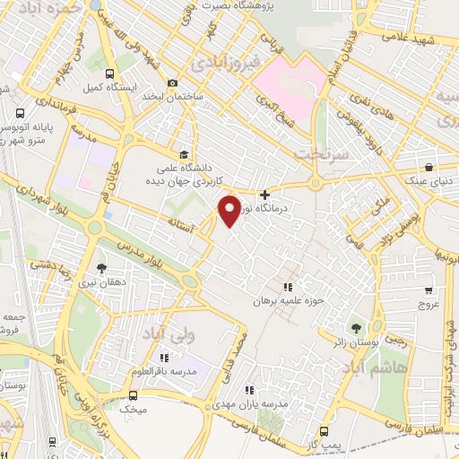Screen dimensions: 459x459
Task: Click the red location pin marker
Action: (x=229, y=210)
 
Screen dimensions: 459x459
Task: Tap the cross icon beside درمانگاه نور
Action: (x=264, y=195)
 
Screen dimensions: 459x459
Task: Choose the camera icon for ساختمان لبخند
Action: (x=171, y=83)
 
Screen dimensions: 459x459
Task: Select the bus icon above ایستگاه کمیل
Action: (x=109, y=74)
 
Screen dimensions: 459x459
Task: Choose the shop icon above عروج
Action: (x=429, y=290)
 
